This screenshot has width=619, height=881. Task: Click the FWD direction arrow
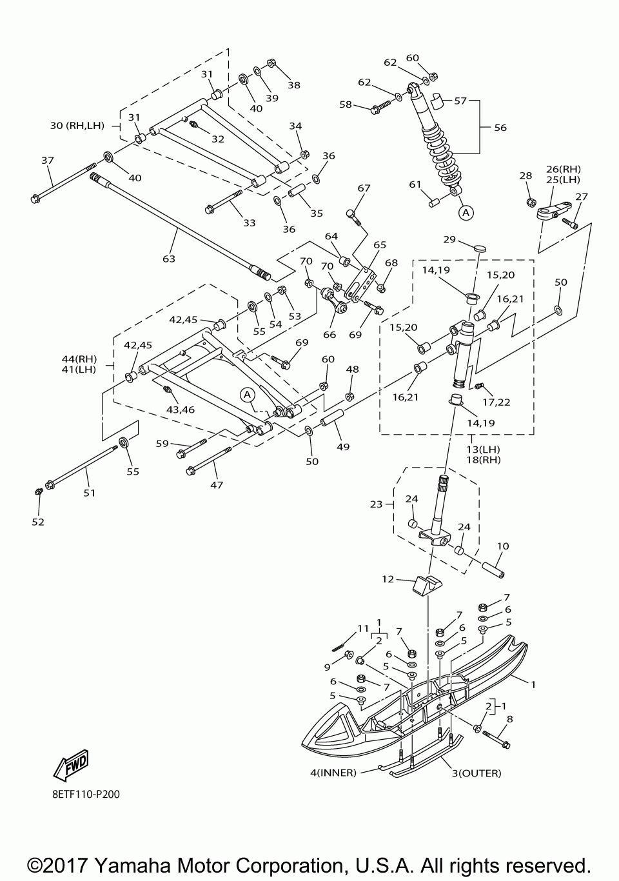click(x=71, y=764)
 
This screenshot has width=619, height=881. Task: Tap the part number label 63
click(x=169, y=259)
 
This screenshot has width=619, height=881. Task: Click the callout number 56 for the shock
click(x=500, y=128)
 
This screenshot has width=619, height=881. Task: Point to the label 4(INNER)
click(x=333, y=773)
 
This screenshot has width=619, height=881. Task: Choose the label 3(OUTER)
click(x=477, y=773)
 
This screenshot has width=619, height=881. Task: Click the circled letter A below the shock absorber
click(x=466, y=213)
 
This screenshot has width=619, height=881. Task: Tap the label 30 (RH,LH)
click(x=77, y=126)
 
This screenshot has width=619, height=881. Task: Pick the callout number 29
click(x=449, y=239)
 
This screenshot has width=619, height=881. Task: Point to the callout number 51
click(x=89, y=492)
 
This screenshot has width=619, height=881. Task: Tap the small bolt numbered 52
click(x=39, y=491)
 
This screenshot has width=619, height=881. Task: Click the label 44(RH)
click(x=79, y=359)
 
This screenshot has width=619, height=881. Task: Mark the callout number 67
click(x=364, y=188)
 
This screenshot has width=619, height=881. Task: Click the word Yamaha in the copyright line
click(x=133, y=866)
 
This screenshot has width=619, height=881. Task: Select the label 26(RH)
click(x=564, y=169)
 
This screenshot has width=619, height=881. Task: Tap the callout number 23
click(x=377, y=504)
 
